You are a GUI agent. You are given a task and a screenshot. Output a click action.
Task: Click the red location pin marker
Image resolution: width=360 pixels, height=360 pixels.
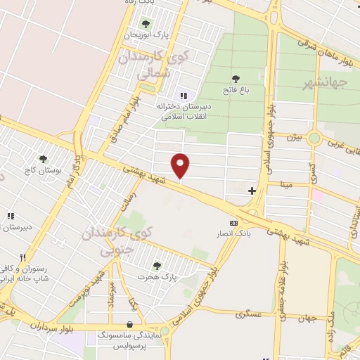(181, 166)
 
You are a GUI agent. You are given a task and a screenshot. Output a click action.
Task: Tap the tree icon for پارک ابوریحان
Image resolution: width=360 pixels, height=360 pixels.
(146, 25)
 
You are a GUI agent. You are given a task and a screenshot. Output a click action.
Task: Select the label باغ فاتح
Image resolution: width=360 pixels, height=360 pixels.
(236, 90)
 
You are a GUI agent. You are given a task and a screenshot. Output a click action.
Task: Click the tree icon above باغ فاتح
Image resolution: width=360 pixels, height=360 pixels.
(236, 79)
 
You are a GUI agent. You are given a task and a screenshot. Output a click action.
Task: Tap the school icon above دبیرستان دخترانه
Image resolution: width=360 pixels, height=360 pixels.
(184, 96)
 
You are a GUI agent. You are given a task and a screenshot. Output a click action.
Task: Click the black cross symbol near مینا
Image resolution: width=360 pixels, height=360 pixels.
(252, 191)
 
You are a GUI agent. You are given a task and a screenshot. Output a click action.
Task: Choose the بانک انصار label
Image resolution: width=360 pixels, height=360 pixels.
(234, 233)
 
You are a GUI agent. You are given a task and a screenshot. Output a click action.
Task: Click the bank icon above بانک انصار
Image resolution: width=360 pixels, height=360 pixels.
(234, 222)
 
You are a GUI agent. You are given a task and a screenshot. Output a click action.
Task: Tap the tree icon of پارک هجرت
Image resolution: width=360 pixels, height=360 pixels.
(156, 266)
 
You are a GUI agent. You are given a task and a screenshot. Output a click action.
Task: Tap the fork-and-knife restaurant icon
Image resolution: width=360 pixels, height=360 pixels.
(23, 257)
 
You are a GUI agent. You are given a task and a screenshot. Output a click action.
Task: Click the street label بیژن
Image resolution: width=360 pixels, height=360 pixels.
(293, 138)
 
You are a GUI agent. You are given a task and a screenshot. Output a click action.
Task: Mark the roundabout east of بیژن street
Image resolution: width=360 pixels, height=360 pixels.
(314, 139)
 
